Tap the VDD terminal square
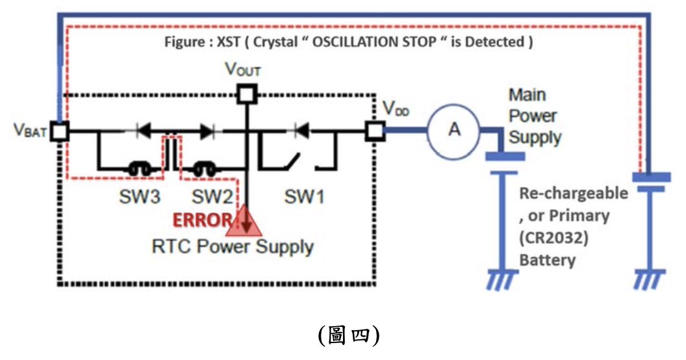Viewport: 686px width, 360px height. coord(374,131)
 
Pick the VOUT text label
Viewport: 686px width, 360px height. coord(242,69)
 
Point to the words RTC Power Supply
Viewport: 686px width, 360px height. coord(233,247)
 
